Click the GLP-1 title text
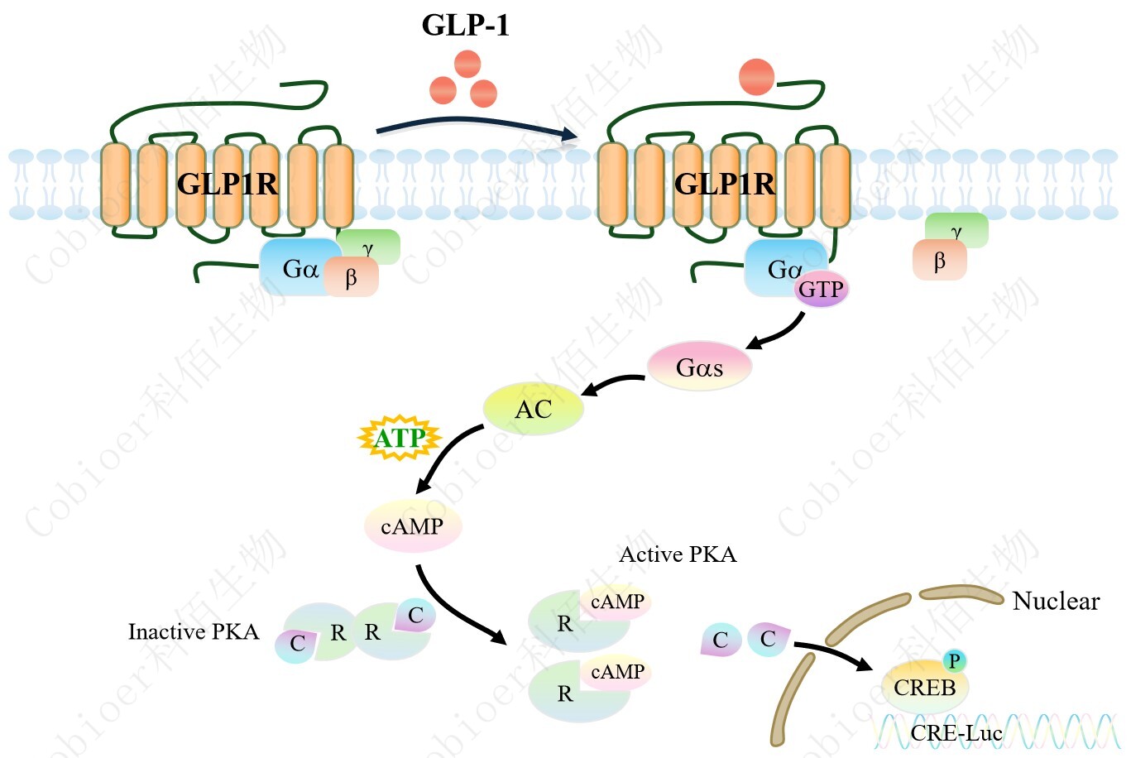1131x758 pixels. tap(465, 25)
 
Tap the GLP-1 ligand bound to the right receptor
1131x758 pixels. tap(756, 77)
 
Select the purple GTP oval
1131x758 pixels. tap(821, 290)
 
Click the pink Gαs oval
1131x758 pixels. tap(699, 367)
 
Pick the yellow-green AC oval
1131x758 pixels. tap(534, 409)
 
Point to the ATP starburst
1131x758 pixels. tap(400, 438)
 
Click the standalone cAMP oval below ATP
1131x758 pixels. tap(412, 526)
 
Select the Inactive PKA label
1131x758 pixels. tap(193, 632)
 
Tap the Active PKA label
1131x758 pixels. tap(678, 554)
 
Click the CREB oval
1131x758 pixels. tap(924, 688)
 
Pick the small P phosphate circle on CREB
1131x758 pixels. tap(954, 660)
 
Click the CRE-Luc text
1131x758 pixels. tap(956, 732)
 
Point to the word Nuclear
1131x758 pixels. tap(1056, 601)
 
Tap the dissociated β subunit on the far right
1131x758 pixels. tap(939, 261)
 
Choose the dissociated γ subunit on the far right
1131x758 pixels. tap(957, 231)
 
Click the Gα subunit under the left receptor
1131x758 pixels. tap(299, 269)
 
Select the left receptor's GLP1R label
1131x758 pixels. tap(228, 184)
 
